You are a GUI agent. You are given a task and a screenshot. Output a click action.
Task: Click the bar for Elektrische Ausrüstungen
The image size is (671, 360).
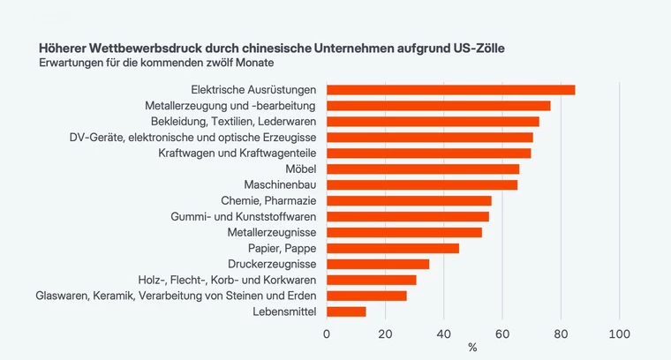click(450, 90)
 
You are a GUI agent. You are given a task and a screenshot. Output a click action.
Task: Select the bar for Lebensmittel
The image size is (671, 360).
click(346, 311)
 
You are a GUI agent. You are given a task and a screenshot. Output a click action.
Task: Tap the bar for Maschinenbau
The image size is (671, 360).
click(422, 185)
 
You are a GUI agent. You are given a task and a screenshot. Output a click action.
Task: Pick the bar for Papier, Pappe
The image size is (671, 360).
click(393, 248)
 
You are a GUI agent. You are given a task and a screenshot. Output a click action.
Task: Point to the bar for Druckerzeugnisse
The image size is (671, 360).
click(378, 264)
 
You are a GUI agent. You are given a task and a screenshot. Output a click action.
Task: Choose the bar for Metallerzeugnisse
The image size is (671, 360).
click(404, 232)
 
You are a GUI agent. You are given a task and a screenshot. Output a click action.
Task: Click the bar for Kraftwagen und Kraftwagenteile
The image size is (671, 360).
click(428, 154)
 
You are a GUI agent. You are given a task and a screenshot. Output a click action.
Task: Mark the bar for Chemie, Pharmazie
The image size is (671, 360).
click(409, 201)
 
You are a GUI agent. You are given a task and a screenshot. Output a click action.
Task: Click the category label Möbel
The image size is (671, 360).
click(301, 169)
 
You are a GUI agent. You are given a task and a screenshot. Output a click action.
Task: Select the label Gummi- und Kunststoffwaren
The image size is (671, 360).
click(244, 217)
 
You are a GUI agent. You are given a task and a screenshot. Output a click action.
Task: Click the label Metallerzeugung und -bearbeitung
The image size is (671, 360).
click(230, 106)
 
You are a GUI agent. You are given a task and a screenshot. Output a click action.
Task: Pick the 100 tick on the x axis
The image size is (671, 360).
click(619, 334)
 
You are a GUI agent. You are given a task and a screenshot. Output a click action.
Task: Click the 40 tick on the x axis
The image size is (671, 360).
click(444, 334)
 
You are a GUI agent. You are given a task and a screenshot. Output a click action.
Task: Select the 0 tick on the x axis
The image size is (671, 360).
click(327, 334)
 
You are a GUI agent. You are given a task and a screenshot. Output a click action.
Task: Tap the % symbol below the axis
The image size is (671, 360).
click(472, 348)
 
